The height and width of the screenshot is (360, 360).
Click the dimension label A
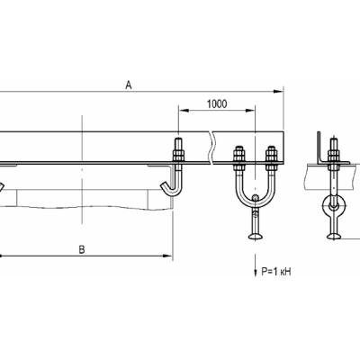click(x=129, y=85)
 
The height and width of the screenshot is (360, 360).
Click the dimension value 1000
click(x=217, y=104)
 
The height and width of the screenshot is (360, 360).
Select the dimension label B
click(x=82, y=249)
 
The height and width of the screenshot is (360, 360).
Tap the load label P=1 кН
click(x=276, y=272)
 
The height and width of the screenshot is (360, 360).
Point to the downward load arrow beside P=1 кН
click(x=256, y=265)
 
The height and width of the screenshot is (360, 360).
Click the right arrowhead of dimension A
click(x=279, y=92)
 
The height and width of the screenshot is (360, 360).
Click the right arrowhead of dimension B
click(x=167, y=256)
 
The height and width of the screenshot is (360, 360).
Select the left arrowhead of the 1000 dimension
click(x=184, y=111)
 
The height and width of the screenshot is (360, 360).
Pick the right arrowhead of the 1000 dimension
click(x=250, y=111)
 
